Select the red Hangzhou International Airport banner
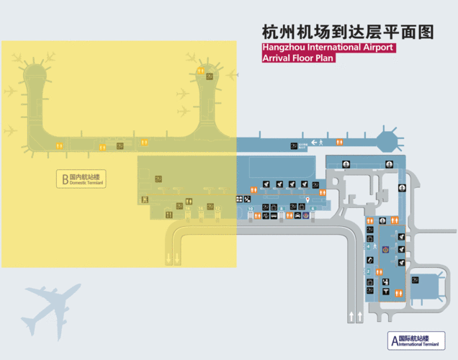click(328, 48)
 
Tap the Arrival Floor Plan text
click(299, 58)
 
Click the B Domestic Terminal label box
click(81, 179)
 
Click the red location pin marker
click(307, 198)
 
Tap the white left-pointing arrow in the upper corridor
click(314, 144)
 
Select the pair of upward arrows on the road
click(354, 316)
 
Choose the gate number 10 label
click(250, 209)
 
